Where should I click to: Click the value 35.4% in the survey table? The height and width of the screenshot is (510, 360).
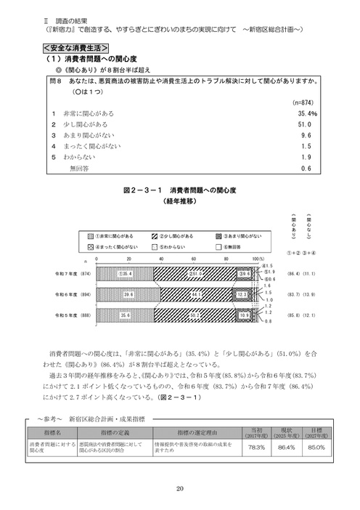[307, 114]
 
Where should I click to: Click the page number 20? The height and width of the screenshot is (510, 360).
[179, 488]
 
